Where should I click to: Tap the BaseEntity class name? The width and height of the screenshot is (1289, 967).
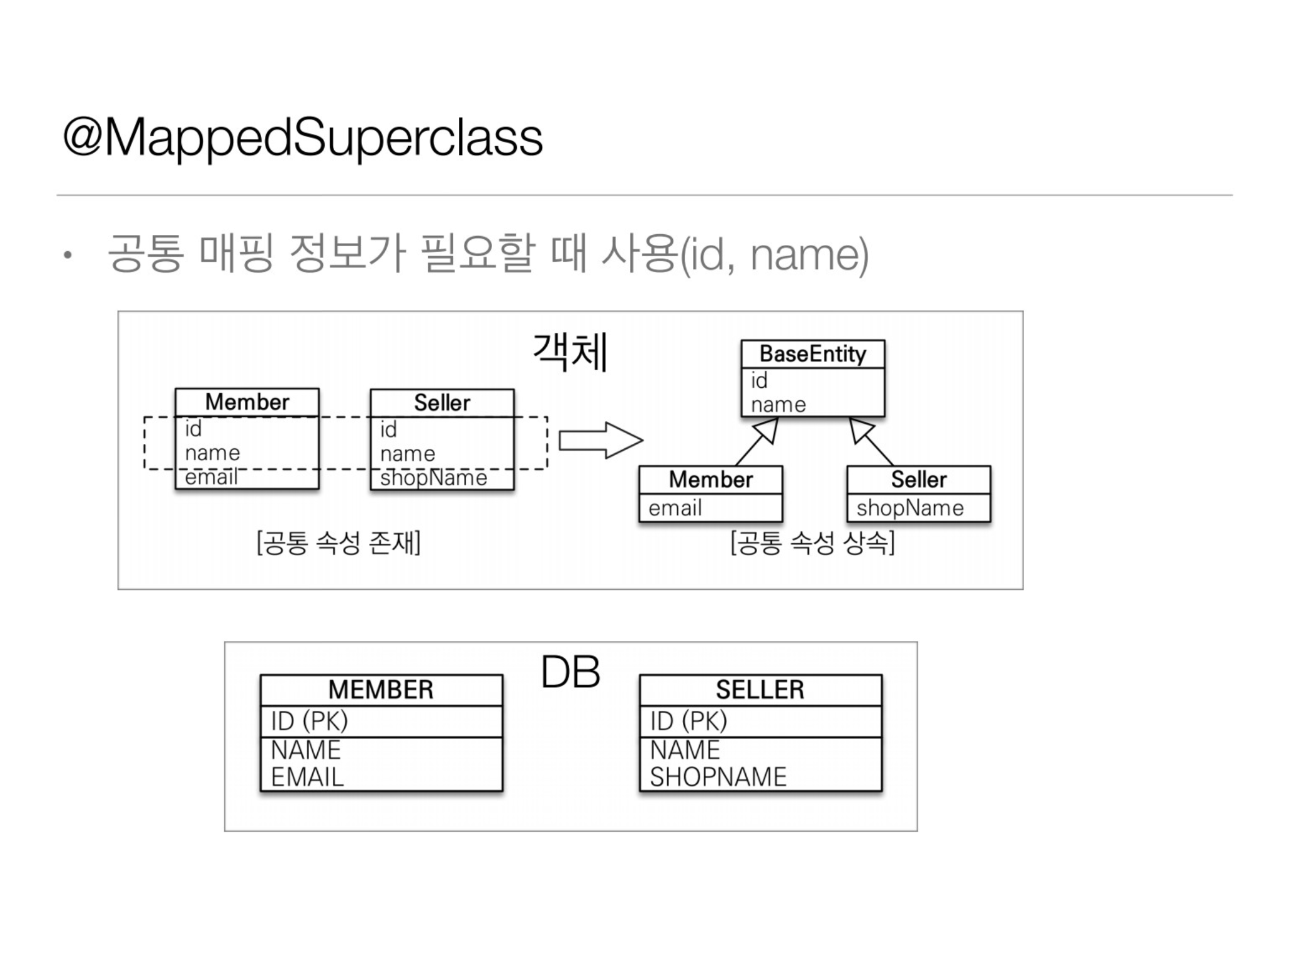click(x=813, y=354)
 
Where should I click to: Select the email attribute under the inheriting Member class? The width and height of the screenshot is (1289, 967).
click(x=675, y=508)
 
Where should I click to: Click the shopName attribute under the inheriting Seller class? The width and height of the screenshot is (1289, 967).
click(x=909, y=508)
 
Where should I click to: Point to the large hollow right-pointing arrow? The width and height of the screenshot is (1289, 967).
click(x=600, y=440)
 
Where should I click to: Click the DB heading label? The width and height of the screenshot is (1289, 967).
click(x=570, y=672)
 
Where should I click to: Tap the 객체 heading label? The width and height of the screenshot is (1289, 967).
click(x=570, y=353)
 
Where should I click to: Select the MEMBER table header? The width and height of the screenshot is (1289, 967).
click(x=381, y=690)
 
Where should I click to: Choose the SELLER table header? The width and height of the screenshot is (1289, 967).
click(x=760, y=690)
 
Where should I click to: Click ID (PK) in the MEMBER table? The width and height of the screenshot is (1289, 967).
click(x=309, y=721)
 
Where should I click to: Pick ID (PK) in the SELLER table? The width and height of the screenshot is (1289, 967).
click(x=688, y=721)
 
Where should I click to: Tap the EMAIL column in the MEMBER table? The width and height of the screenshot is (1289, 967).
click(x=307, y=778)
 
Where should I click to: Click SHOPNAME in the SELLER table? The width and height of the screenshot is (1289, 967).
click(x=718, y=778)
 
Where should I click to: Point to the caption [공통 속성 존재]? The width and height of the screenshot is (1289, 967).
click(x=339, y=543)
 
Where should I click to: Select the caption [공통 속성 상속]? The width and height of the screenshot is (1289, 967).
click(x=813, y=543)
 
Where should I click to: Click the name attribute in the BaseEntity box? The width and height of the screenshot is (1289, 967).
click(x=778, y=405)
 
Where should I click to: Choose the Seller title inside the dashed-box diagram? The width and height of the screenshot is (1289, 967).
click(x=442, y=403)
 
